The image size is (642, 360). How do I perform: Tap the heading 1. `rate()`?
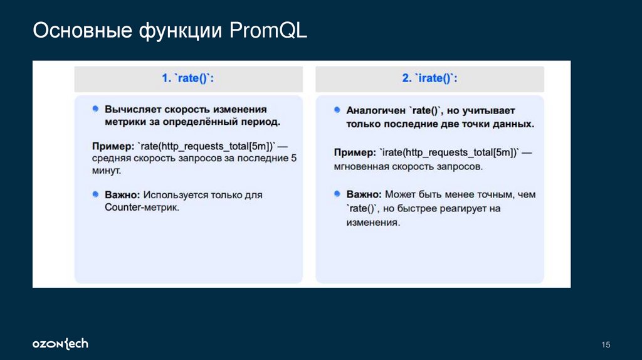pyautogui.click(x=188, y=78)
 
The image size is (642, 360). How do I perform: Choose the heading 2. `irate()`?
pyautogui.click(x=429, y=78)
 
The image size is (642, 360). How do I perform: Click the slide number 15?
pyautogui.click(x=606, y=344)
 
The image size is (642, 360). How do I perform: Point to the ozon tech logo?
pyautogui.click(x=60, y=344)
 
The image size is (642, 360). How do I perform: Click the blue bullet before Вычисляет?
pyautogui.click(x=95, y=109)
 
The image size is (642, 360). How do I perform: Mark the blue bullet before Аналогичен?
pyautogui.click(x=337, y=109)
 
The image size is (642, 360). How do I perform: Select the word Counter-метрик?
pyautogui.click(x=142, y=207)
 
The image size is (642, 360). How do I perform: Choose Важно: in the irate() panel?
pyautogui.click(x=364, y=194)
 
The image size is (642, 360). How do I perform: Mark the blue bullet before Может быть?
pyautogui.click(x=337, y=194)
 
